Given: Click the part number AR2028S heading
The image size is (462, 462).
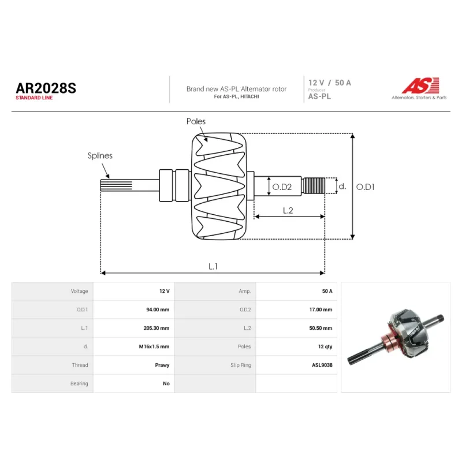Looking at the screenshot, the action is pyautogui.click(x=46, y=88).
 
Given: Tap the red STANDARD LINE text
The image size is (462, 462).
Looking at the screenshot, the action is pyautogui.click(x=34, y=98).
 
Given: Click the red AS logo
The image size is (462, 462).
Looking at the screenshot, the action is pyautogui.click(x=420, y=85).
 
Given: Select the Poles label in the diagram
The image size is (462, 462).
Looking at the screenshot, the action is pyautogui.click(x=196, y=121).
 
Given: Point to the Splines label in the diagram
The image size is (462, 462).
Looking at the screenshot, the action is pyautogui.click(x=100, y=155).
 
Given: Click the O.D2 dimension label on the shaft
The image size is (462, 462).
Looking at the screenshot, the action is pyautogui.click(x=282, y=187).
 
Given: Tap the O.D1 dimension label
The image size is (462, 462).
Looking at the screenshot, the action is pyautogui.click(x=366, y=187).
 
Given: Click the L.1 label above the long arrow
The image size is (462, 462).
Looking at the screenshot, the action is pyautogui.click(x=213, y=266).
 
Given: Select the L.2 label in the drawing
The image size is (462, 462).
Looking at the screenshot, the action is pyautogui.click(x=288, y=210).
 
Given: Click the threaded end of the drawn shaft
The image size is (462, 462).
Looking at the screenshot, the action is pyautogui.click(x=314, y=185).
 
